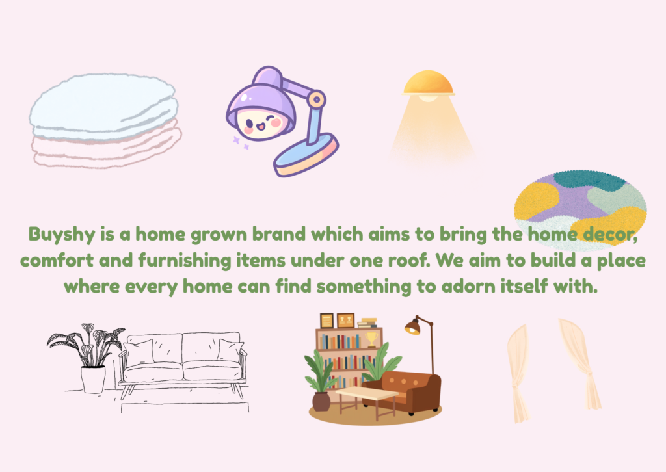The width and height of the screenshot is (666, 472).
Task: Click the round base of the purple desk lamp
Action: [306, 155]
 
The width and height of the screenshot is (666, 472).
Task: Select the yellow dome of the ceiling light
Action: [427, 84]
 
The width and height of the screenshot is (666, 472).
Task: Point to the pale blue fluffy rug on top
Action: [104, 107]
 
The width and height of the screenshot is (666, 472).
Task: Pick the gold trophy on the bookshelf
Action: [371, 339]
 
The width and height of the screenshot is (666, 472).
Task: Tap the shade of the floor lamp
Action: [412, 327]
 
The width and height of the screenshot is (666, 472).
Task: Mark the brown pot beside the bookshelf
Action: [321, 401]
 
